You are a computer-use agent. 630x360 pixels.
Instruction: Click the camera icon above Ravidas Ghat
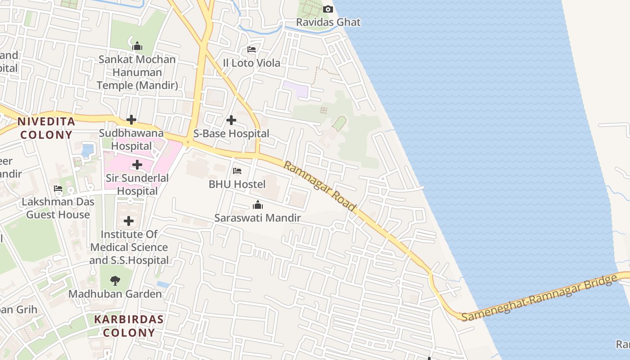click(328, 9)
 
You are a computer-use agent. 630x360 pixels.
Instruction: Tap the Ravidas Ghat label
click(328, 22)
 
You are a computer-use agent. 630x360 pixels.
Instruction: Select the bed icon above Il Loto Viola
click(252, 49)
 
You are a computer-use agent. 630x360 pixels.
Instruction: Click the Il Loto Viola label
click(252, 63)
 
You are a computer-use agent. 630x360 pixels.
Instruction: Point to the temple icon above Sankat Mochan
click(137, 46)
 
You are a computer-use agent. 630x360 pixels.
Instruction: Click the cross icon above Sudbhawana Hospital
click(131, 120)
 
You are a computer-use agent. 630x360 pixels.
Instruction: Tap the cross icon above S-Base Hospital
click(231, 120)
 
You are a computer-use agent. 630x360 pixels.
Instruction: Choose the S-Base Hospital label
click(231, 134)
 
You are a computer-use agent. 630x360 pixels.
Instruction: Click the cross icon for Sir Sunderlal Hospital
click(137, 165)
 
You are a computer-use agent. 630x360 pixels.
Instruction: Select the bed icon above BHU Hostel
click(237, 171)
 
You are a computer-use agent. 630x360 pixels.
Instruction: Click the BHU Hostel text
click(237, 184)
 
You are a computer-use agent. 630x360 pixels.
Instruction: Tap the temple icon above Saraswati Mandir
click(258, 205)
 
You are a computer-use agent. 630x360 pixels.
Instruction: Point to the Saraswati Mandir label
click(258, 218)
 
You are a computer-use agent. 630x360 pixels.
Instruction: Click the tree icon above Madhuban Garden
click(115, 281)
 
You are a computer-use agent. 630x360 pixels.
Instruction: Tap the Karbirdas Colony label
click(129, 326)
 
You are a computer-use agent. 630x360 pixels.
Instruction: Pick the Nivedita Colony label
click(46, 128)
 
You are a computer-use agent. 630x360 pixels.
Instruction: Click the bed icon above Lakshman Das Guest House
click(58, 188)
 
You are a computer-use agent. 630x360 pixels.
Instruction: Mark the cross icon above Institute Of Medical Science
click(129, 221)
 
